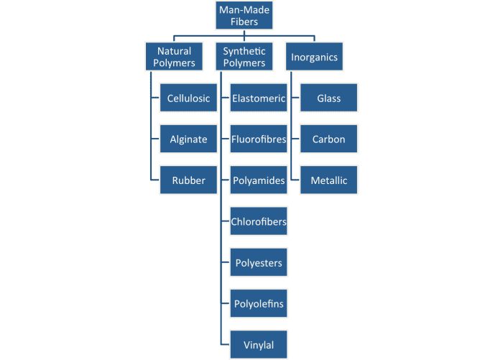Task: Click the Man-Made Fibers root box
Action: [x=244, y=16]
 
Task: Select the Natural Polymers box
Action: [x=175, y=57]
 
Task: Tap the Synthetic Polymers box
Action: [x=244, y=57]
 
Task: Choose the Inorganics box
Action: [x=314, y=57]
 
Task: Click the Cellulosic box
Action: [x=188, y=98]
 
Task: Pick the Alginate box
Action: [x=188, y=139]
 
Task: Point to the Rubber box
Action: [x=188, y=180]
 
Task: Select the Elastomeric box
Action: [x=259, y=98]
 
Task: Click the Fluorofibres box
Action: [x=259, y=139]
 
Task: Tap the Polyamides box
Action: [x=259, y=180]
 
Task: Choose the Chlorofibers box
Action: [x=259, y=221]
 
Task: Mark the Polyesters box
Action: [x=259, y=263]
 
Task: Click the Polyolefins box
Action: [x=259, y=304]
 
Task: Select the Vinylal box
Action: [x=259, y=345]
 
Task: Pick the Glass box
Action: [x=328, y=98]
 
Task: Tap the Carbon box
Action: [x=328, y=139]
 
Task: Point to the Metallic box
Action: [x=328, y=180]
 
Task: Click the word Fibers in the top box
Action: [x=244, y=22]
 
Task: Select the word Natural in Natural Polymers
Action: [x=175, y=51]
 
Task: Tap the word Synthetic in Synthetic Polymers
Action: [x=244, y=51]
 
